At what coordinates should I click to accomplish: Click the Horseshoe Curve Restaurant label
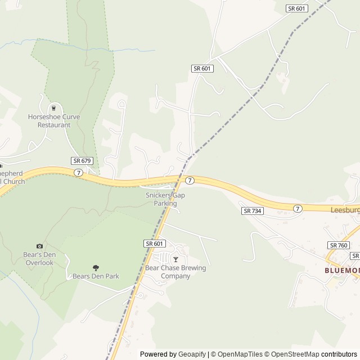pyautogui.click(x=54, y=121)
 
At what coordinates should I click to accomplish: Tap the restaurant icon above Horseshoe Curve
pyautogui.click(x=54, y=108)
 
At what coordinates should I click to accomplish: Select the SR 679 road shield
pyautogui.click(x=82, y=161)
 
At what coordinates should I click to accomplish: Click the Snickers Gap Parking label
pyautogui.click(x=165, y=199)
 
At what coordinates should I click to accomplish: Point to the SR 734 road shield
pyautogui.click(x=253, y=210)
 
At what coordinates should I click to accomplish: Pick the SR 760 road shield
pyautogui.click(x=339, y=245)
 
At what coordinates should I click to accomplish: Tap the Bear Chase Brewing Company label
pyautogui.click(x=175, y=272)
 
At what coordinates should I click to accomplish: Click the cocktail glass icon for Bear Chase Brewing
pyautogui.click(x=175, y=259)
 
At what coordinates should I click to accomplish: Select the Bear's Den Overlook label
pyautogui.click(x=39, y=259)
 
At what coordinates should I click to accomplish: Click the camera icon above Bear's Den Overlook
pyautogui.click(x=39, y=246)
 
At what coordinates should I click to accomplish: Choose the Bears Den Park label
pyautogui.click(x=96, y=276)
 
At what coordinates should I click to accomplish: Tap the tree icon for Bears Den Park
pyautogui.click(x=96, y=268)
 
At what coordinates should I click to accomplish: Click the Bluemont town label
pyautogui.click(x=342, y=271)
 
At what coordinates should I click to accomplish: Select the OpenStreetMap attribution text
pyautogui.click(x=293, y=354)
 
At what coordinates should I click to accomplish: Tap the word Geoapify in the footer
pyautogui.click(x=192, y=354)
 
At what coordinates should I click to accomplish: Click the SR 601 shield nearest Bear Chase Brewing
pyautogui.click(x=154, y=244)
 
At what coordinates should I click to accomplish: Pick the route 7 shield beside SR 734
pyautogui.click(x=297, y=209)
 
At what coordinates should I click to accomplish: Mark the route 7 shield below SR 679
pyautogui.click(x=78, y=172)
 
